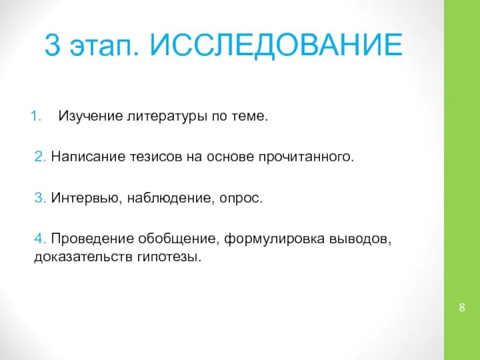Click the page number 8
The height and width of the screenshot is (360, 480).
[x=461, y=308]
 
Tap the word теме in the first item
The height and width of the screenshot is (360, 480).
[x=248, y=115]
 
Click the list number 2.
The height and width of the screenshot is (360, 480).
[x=39, y=157]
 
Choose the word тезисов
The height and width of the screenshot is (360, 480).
[x=154, y=157]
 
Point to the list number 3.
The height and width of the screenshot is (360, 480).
[x=39, y=199]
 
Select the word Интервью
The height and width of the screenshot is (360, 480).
[x=85, y=199]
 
